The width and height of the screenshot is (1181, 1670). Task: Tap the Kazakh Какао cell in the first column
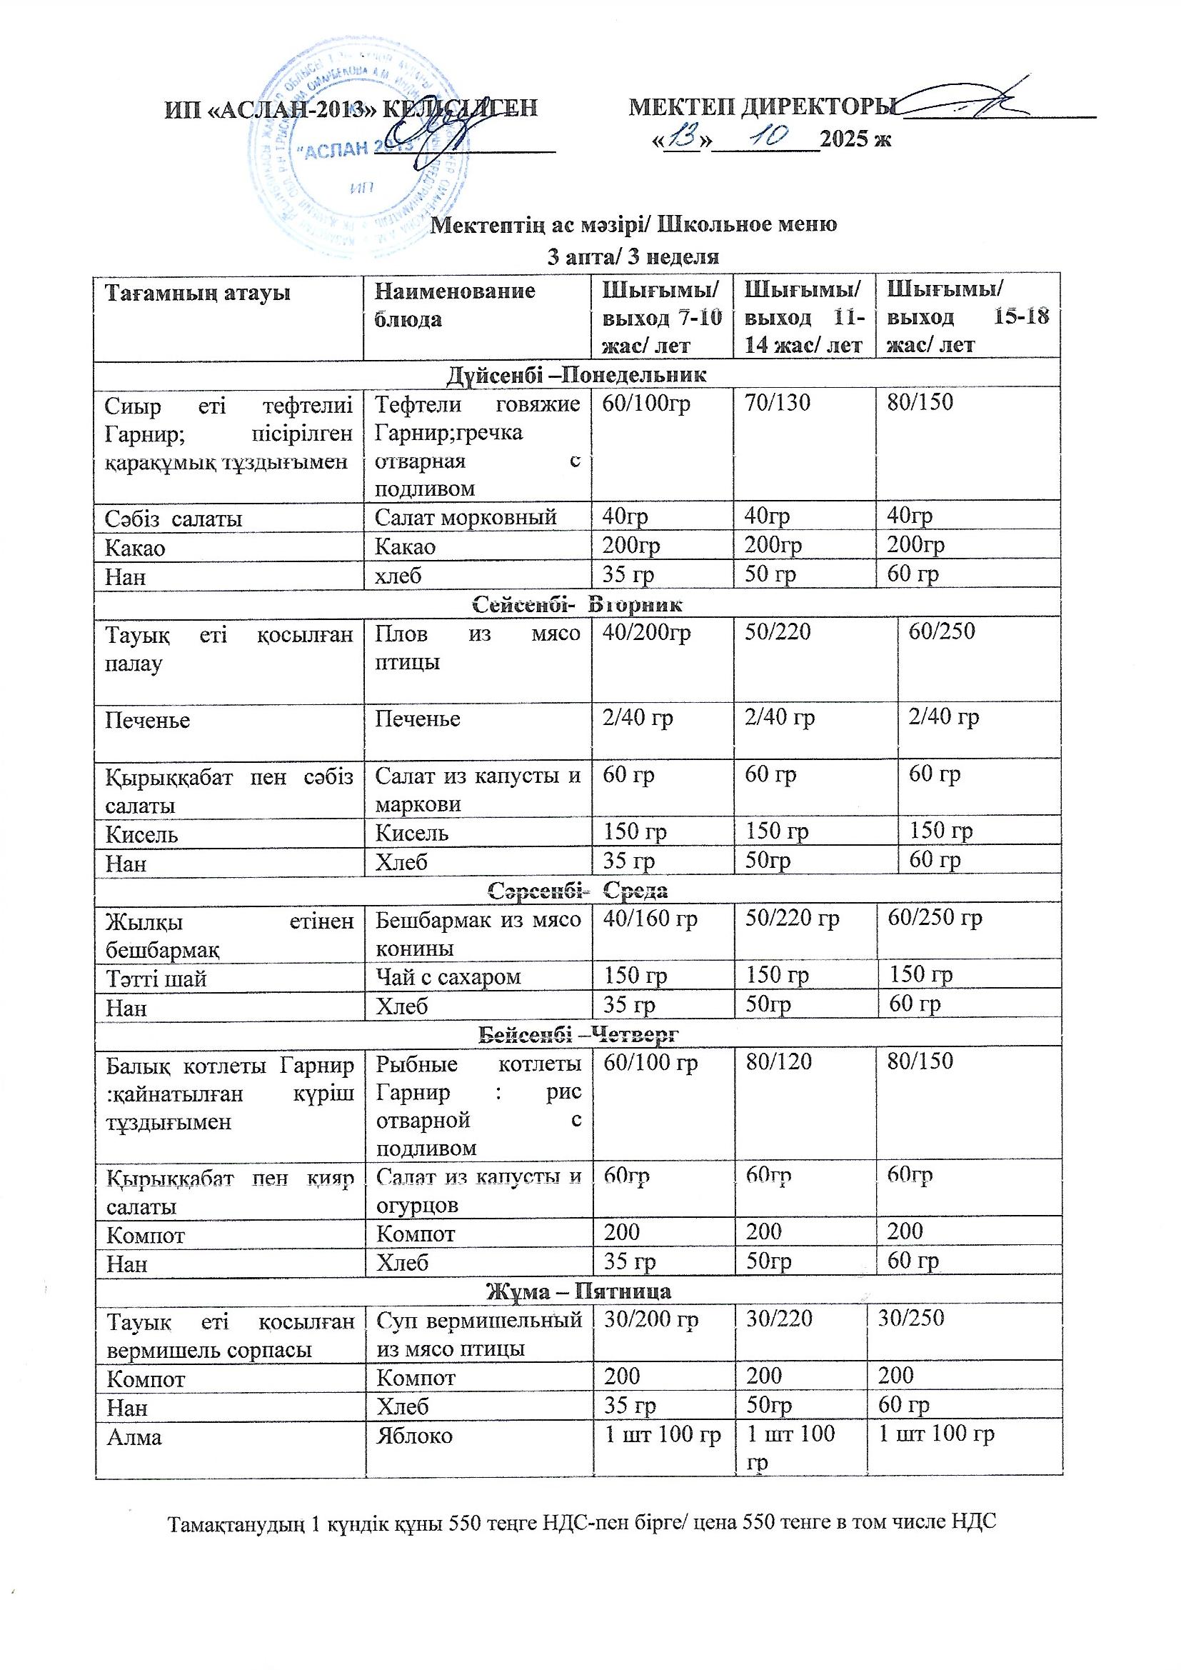(135, 547)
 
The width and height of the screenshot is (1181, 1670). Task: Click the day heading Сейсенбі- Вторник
(578, 604)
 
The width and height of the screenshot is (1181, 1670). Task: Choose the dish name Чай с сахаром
(448, 976)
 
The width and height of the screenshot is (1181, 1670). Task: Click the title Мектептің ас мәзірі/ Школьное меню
(634, 224)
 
